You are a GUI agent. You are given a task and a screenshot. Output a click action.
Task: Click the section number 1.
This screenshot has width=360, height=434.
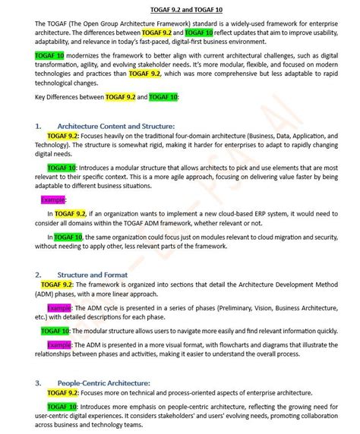point(39,125)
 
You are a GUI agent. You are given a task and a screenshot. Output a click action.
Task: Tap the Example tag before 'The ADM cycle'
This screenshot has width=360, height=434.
point(59,308)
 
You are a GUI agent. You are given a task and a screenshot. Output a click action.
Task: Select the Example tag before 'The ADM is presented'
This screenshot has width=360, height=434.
point(59,344)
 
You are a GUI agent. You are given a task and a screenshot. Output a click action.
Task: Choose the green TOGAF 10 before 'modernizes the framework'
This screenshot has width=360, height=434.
point(49,56)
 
